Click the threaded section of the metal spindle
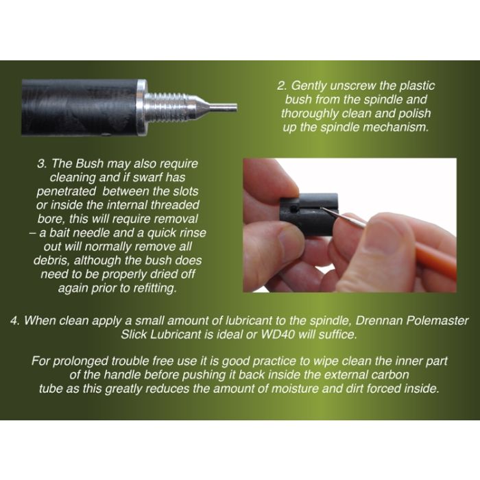(167, 108)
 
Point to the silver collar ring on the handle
(141, 108)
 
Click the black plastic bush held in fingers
(309, 214)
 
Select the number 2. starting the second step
(282, 86)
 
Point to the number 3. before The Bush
(42, 164)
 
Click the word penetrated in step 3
(66, 191)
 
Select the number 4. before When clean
(15, 321)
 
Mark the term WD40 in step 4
(277, 335)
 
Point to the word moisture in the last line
(295, 389)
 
